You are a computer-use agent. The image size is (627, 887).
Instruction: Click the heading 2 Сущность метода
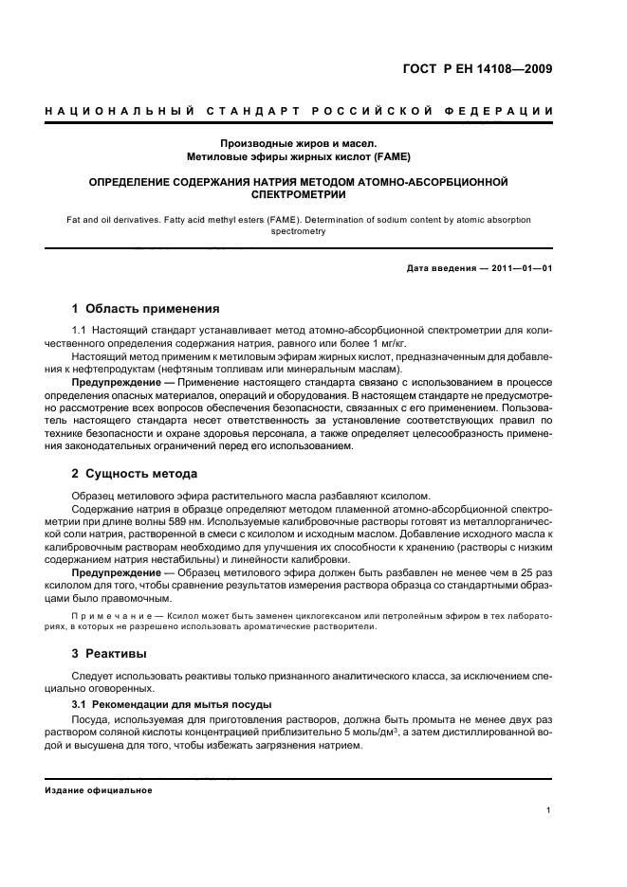[136, 473]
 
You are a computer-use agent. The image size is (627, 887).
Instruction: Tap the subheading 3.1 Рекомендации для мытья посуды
[173, 704]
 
